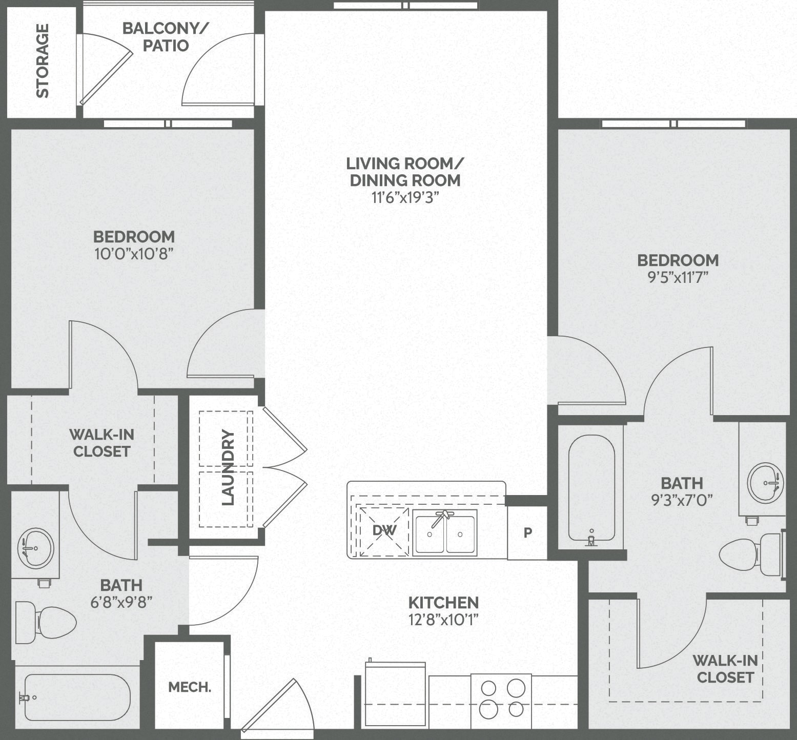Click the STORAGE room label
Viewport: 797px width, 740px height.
coord(42,60)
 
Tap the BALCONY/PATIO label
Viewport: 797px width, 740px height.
coord(165,37)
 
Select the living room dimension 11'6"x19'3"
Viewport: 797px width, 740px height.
coord(405,197)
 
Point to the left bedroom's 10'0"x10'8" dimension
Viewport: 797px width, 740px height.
coord(134,254)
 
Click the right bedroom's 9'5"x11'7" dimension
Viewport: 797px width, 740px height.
coord(678,277)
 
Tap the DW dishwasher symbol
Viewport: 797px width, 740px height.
coord(384,531)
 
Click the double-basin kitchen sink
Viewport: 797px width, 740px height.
coord(445,533)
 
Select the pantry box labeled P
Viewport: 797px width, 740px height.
coord(527,533)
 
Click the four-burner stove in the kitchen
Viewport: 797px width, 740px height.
coord(501,698)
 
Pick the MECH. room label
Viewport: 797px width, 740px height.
coord(190,687)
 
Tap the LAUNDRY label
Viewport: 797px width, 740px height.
coord(228,467)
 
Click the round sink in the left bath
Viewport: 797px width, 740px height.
coord(35,548)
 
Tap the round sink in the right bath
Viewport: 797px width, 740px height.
coord(765,483)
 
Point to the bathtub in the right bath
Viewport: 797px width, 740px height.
coord(591,487)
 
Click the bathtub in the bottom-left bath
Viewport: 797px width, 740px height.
coord(77,697)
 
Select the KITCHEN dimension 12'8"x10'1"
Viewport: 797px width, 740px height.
coord(443,620)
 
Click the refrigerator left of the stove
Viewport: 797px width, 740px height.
coord(395,694)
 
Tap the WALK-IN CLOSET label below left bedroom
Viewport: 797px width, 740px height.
coord(101,443)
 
